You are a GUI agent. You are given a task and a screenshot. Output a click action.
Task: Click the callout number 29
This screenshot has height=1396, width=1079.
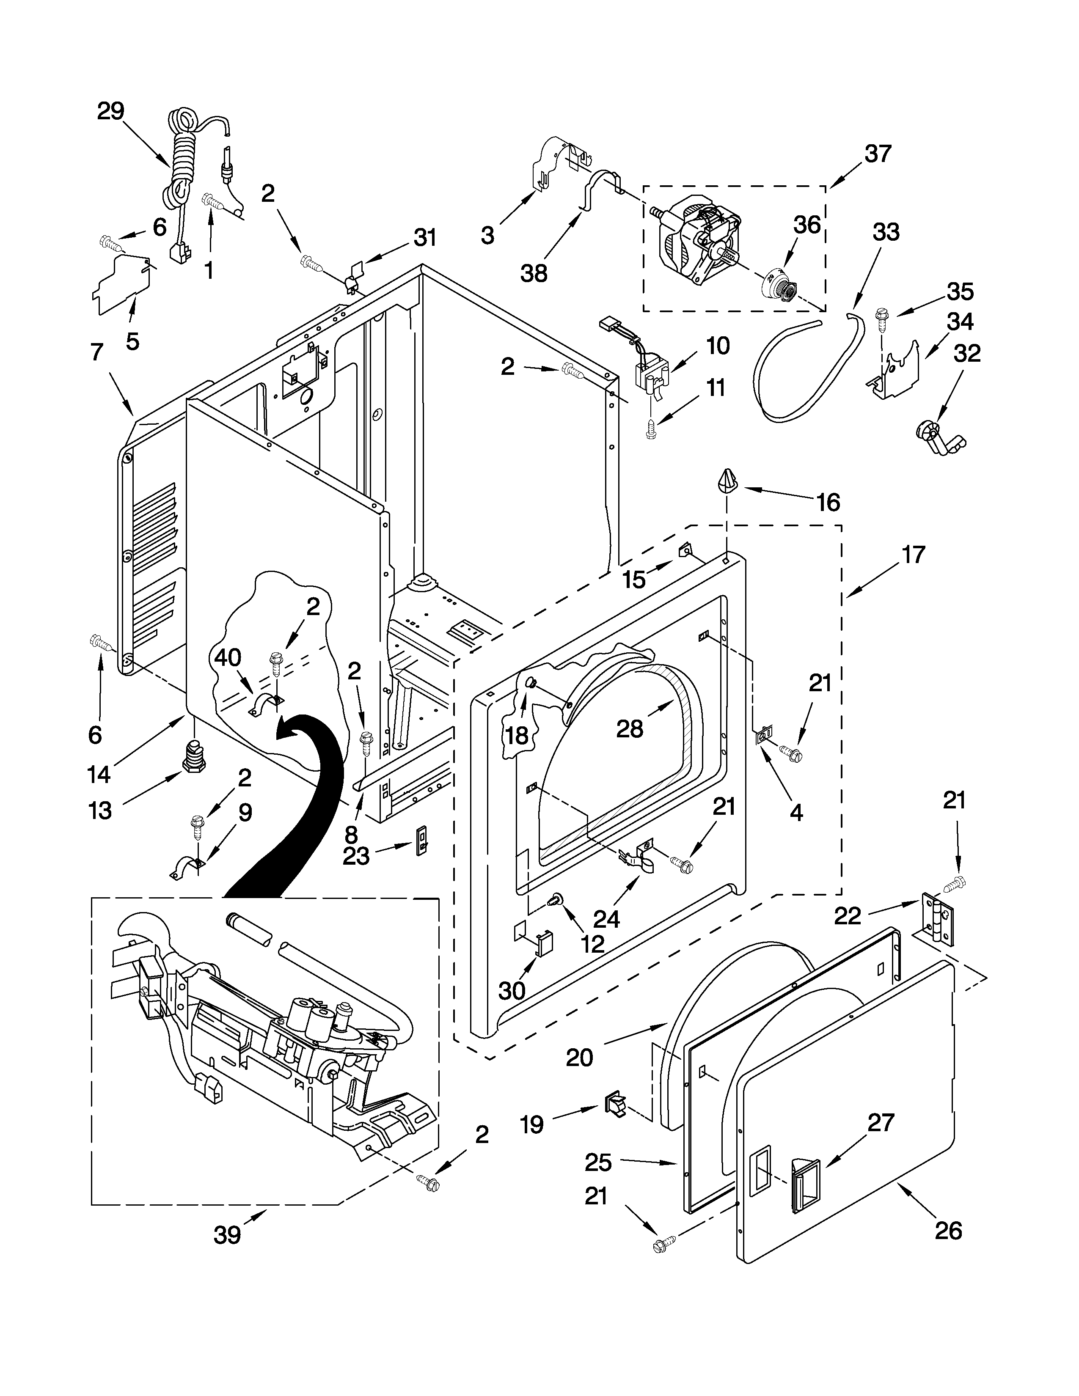[110, 111]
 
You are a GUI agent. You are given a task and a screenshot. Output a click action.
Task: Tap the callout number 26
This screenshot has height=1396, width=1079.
[948, 1231]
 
